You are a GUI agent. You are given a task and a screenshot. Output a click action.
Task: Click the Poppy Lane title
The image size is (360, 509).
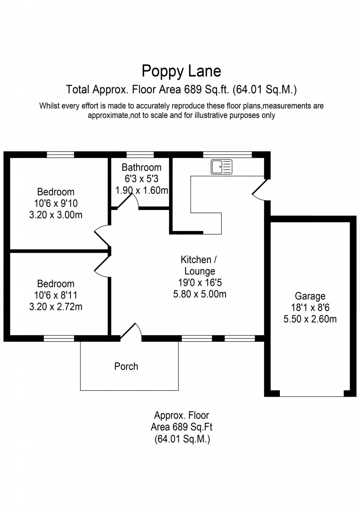181,71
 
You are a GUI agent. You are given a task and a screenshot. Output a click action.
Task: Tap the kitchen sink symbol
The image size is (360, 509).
222,167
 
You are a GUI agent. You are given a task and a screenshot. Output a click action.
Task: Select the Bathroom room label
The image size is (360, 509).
141,167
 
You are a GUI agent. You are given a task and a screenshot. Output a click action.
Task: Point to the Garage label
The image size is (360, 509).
310,296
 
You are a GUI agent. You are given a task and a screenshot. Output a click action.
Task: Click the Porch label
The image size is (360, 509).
126,366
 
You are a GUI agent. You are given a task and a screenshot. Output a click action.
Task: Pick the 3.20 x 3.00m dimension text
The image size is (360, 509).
56,215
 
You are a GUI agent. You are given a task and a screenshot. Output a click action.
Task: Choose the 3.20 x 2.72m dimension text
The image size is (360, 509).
56,307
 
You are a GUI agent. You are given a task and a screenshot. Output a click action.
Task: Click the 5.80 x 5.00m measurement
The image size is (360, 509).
200,294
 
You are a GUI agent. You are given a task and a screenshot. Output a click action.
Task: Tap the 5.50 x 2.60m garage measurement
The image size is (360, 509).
310,319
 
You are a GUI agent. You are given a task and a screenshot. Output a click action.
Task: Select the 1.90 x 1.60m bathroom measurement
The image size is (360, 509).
141,191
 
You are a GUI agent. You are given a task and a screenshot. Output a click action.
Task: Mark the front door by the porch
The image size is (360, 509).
130,330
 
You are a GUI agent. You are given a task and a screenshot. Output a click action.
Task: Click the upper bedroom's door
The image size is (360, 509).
102,237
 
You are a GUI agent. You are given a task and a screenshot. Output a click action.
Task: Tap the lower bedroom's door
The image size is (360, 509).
102,266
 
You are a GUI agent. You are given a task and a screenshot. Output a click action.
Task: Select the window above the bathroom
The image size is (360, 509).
140,155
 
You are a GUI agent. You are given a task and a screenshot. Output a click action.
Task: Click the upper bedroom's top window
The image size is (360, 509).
61,155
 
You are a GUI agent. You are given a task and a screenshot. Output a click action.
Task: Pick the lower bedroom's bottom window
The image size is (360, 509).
59,339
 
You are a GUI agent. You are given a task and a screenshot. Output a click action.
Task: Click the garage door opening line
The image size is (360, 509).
312,396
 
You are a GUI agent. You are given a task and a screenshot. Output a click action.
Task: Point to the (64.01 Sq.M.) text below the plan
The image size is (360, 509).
182,439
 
